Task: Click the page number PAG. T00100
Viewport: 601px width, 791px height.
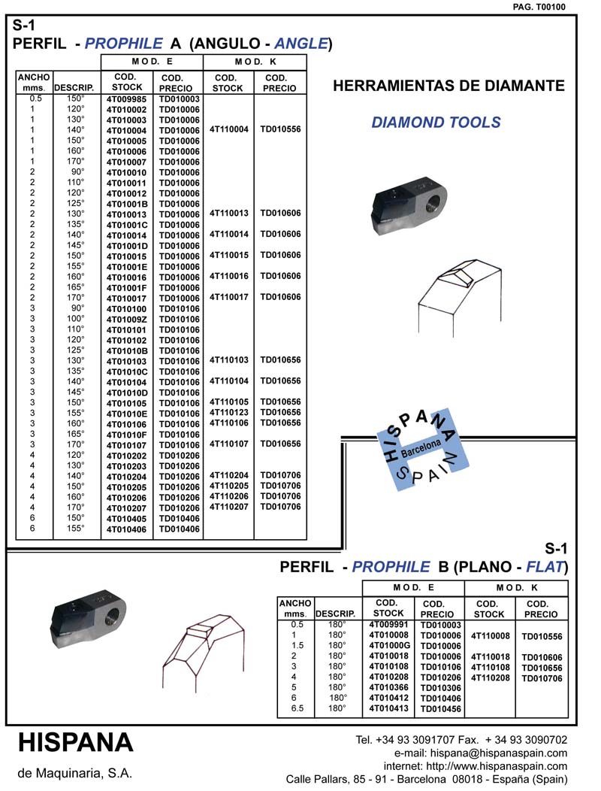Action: tap(540, 7)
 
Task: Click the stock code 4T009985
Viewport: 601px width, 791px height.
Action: tap(126, 99)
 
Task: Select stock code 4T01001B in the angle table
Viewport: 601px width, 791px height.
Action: tap(126, 204)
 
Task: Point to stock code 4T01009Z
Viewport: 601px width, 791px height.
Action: tap(126, 320)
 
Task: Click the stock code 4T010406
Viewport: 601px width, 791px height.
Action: tap(126, 529)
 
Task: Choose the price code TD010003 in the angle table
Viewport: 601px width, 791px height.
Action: tap(179, 99)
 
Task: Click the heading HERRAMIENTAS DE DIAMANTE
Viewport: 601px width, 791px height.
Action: tap(448, 86)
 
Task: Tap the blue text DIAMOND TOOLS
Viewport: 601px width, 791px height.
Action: tap(436, 123)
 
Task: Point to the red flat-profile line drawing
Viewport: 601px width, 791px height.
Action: tap(201, 648)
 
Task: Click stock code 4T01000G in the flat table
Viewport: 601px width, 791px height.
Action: tap(388, 645)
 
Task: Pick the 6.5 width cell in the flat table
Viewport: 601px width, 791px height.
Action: tap(297, 708)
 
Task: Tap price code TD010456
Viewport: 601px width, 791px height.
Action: tap(440, 709)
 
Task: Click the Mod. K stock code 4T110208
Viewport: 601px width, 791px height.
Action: tap(490, 677)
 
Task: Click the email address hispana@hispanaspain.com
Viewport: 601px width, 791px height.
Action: tap(481, 753)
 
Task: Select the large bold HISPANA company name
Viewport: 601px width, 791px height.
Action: tap(75, 742)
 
